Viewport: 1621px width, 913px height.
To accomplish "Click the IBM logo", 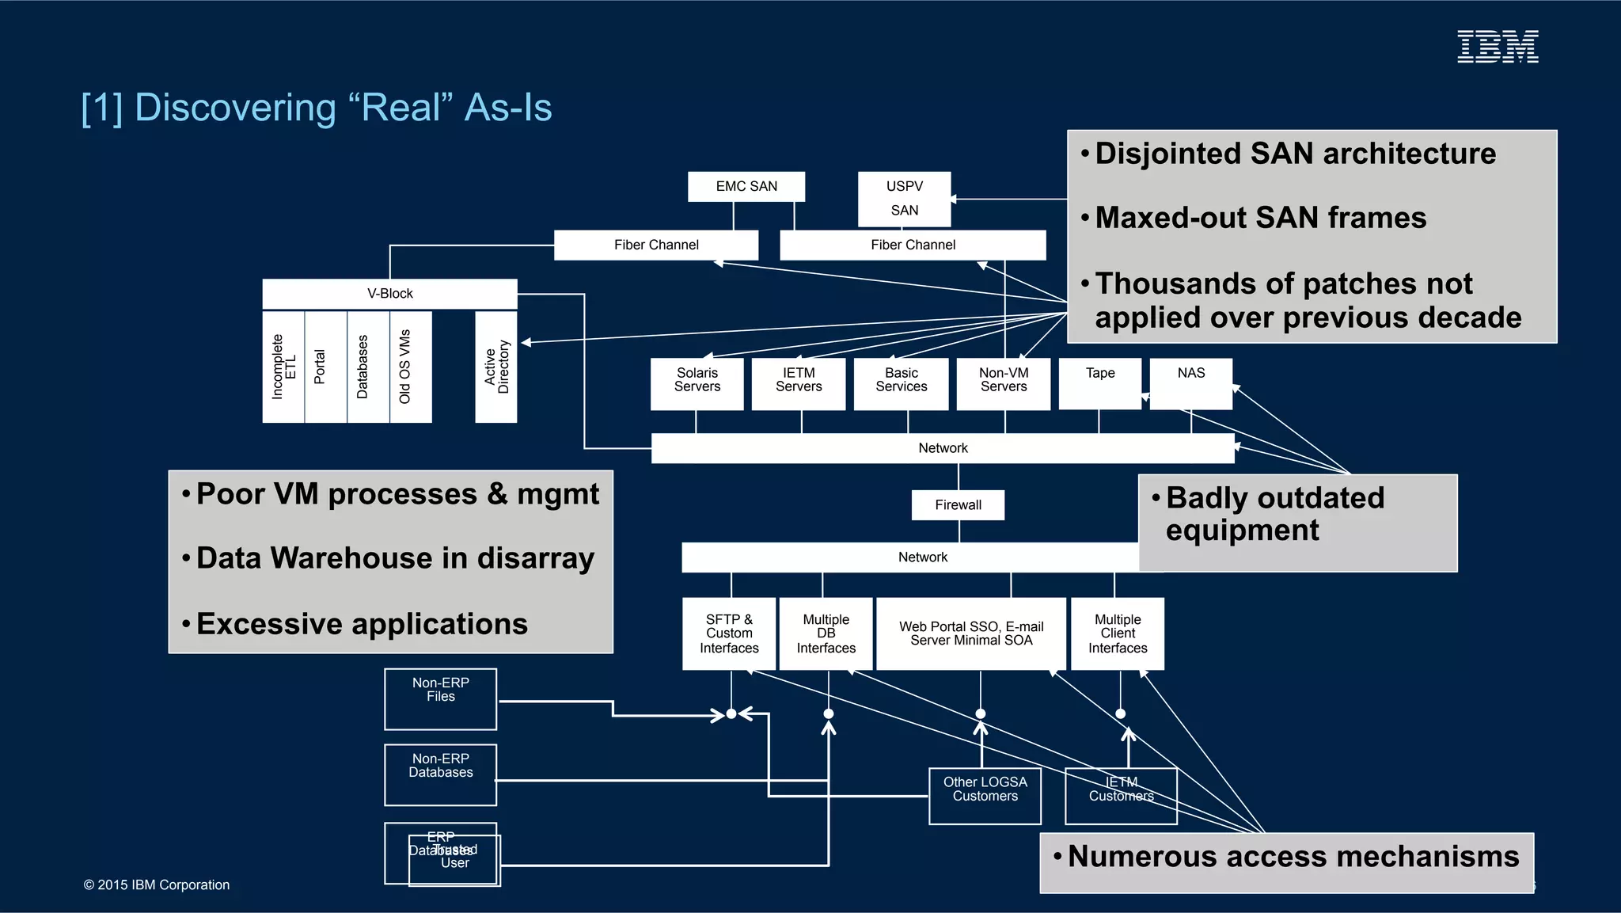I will (x=1498, y=47).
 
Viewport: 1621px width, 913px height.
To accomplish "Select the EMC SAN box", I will (x=746, y=187).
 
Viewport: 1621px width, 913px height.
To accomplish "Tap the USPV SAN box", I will (x=904, y=199).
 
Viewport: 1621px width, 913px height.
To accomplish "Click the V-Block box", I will (x=389, y=294).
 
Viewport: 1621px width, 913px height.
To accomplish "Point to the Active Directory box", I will (x=496, y=367).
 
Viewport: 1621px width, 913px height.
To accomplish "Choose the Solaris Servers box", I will (x=697, y=383).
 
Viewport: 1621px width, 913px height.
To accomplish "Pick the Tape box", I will (x=1099, y=383).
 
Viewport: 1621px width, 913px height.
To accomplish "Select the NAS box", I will (x=1190, y=383).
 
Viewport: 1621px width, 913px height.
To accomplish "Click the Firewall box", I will (x=958, y=505).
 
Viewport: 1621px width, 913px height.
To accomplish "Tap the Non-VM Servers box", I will (x=1003, y=383).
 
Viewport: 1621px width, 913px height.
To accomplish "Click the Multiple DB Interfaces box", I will (x=826, y=633).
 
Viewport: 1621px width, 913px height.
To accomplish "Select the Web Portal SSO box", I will (x=971, y=633).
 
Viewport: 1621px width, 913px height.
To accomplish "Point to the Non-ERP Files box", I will (x=440, y=698).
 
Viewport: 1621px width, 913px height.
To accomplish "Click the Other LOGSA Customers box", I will (x=985, y=796).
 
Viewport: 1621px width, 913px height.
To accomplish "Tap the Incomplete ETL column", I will (x=283, y=367).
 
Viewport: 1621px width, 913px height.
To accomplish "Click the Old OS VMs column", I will (x=410, y=367).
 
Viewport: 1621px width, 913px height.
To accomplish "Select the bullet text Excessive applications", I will (x=362, y=624).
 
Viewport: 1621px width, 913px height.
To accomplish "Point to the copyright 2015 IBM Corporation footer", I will (x=157, y=885).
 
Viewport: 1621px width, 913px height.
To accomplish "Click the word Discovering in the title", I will (x=235, y=108).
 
